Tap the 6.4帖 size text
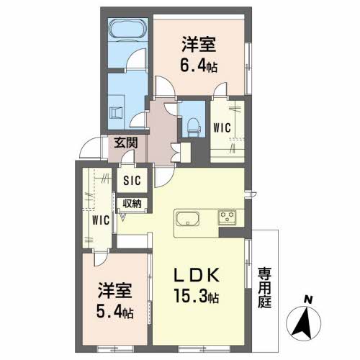click(199, 66)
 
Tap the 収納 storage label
click(131, 204)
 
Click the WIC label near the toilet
click(222, 127)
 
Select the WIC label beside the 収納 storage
click(100, 220)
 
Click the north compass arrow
click(307, 322)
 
